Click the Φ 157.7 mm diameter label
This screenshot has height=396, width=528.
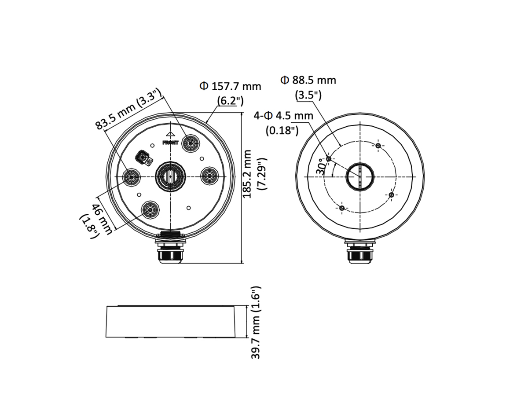coord(230,87)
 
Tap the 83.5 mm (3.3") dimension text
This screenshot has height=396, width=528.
coord(128,109)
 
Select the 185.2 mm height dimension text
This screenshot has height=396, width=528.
coord(247,174)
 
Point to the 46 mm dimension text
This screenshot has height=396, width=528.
coord(103,219)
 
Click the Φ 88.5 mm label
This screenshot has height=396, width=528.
coord(308,81)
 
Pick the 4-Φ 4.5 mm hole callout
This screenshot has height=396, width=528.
coord(283,116)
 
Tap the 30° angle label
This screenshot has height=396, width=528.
coord(321,167)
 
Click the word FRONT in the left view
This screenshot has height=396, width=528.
coord(171,143)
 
